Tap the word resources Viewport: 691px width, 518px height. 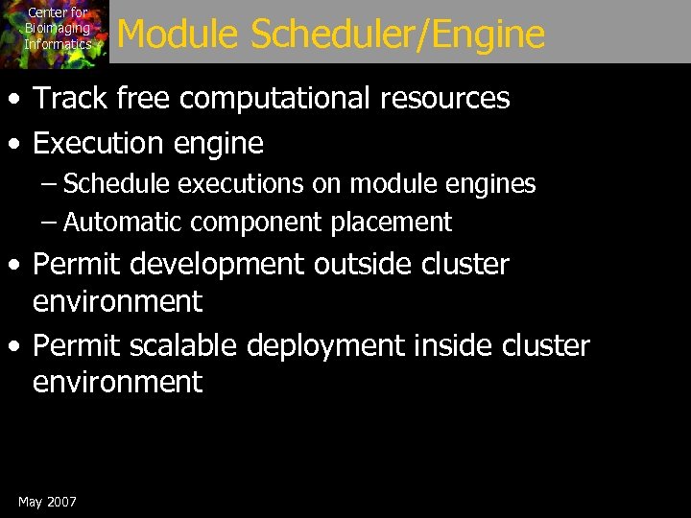pos(448,98)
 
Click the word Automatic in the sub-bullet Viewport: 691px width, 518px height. pos(124,223)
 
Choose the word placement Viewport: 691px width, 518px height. pos(392,223)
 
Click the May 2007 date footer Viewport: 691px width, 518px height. pos(47,502)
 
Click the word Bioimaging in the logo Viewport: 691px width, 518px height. pos(58,29)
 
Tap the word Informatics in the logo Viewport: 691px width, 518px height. pos(58,44)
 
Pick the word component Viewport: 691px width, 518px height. pos(257,223)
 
